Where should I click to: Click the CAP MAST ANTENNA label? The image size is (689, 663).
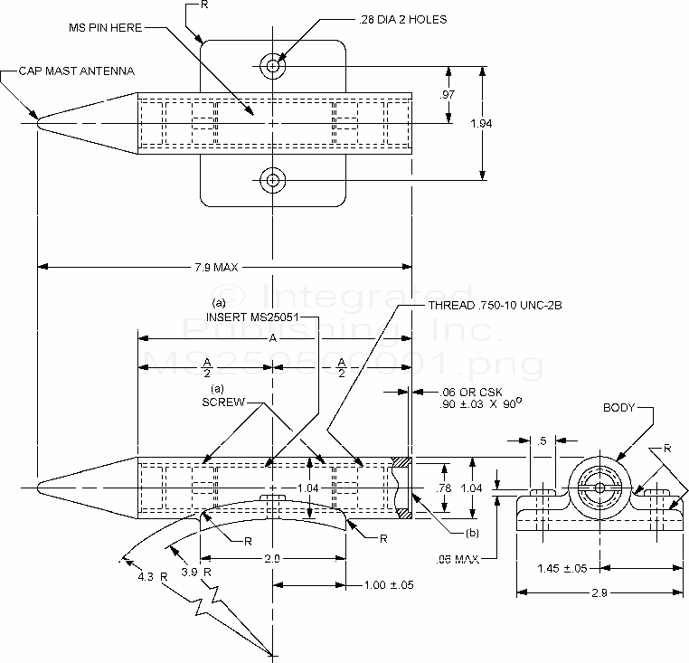click(x=76, y=71)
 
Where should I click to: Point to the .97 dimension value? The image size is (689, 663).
click(x=448, y=95)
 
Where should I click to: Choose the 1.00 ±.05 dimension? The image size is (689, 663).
click(x=389, y=584)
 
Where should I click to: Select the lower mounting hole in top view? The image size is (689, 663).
click(x=272, y=181)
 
